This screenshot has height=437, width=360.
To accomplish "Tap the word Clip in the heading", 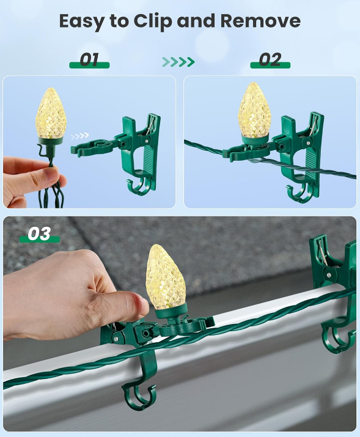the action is pos(153,21).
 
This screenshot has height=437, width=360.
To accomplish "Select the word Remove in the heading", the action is pos(260,21).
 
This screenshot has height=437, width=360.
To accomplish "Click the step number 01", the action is pos(89,59).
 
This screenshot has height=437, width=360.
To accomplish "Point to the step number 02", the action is pos(270,59).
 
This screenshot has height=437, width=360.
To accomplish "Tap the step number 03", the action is pos(39,233).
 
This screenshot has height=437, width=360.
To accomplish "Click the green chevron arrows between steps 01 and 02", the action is pos(178,62).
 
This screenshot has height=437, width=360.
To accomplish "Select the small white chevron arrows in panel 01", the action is pos(79,136).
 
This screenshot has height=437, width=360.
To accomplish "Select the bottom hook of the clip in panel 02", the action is pos(301,193).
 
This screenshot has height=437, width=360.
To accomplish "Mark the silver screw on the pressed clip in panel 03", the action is pos(116,339).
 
